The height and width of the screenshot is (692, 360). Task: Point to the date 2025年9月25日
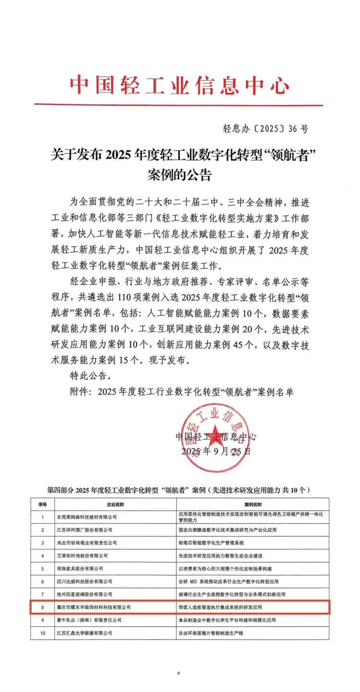click(216, 451)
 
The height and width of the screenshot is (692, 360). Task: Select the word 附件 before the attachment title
click(80, 391)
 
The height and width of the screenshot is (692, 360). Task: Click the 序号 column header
click(42, 505)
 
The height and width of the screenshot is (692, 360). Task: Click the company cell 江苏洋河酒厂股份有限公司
click(84, 530)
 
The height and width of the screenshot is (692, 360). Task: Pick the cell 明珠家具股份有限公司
click(80, 568)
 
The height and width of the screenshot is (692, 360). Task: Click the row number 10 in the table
click(42, 633)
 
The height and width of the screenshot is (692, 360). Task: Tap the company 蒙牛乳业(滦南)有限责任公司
click(86, 620)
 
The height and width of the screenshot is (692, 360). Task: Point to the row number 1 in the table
click(42, 517)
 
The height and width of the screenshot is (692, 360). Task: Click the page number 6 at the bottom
click(178, 673)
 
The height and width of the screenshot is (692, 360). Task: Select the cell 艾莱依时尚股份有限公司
click(82, 556)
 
